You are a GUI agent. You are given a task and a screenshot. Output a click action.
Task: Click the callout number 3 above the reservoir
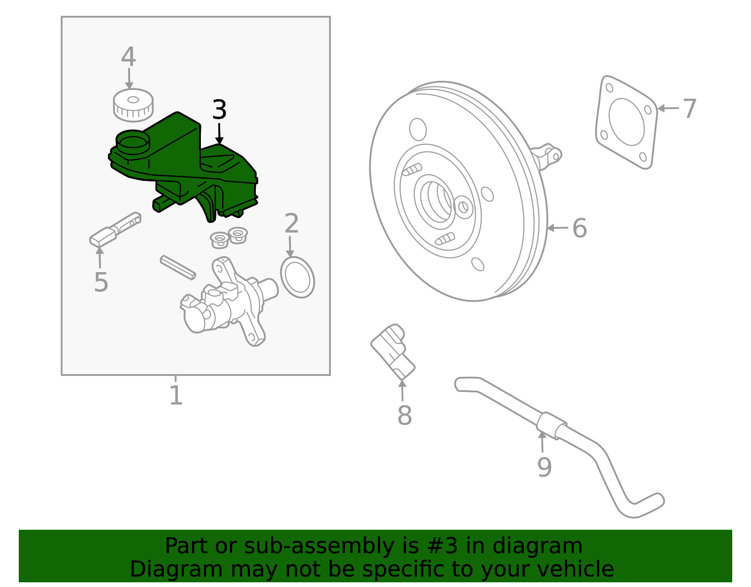click(x=219, y=110)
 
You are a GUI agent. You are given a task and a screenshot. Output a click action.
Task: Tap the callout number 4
click(x=128, y=57)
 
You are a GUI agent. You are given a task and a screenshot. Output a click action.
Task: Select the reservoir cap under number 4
click(x=133, y=104)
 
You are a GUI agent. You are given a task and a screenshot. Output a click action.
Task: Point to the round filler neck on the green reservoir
click(x=133, y=141)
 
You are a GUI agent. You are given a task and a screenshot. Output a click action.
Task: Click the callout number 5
click(x=101, y=282)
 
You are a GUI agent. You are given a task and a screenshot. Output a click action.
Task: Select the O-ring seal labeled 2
click(x=297, y=277)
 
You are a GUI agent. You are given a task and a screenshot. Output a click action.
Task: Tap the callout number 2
click(x=291, y=224)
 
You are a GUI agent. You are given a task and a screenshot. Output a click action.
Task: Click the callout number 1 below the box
click(x=176, y=395)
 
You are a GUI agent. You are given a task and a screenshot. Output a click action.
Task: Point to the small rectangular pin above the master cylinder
click(x=177, y=267)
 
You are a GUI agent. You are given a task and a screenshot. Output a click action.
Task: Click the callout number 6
click(x=580, y=228)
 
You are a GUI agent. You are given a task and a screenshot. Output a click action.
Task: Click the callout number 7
click(x=689, y=109)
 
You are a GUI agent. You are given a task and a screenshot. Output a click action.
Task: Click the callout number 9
click(x=544, y=467)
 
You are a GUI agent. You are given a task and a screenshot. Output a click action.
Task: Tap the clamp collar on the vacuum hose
click(x=549, y=426)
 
